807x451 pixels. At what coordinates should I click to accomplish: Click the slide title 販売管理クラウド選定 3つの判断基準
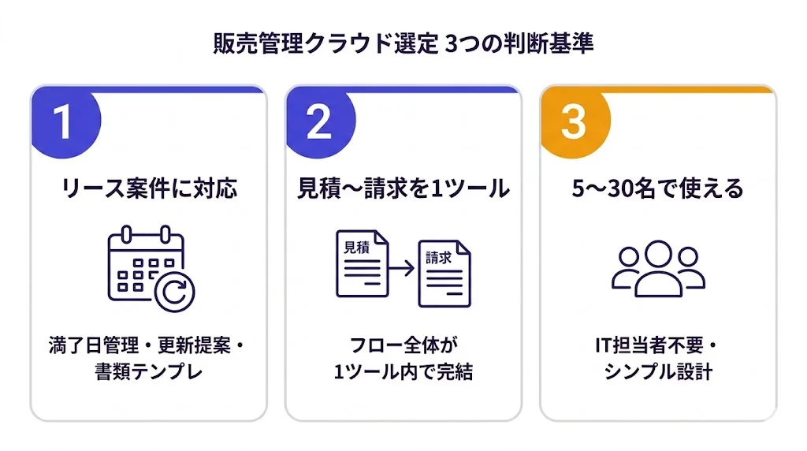(x=403, y=44)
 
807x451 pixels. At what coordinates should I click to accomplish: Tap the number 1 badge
(x=64, y=122)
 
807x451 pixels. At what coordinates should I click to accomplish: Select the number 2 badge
(x=318, y=122)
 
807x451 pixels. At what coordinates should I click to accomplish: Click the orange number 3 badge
(x=574, y=122)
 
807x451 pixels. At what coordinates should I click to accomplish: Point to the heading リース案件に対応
(x=149, y=189)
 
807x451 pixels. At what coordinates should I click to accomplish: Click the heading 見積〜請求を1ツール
(x=403, y=189)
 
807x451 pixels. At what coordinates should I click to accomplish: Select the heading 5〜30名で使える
(x=658, y=189)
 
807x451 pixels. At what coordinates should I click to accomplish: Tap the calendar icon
(x=147, y=264)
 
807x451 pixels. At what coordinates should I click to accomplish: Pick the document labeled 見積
(x=362, y=263)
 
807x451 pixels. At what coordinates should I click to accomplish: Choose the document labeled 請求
(x=444, y=273)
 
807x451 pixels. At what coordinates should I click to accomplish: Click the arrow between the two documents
(x=403, y=269)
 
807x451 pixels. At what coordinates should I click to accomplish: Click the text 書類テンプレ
(x=149, y=371)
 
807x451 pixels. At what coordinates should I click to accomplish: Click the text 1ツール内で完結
(x=403, y=371)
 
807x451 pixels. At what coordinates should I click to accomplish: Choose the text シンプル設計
(x=658, y=371)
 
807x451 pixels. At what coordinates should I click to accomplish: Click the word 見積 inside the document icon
(x=357, y=247)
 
